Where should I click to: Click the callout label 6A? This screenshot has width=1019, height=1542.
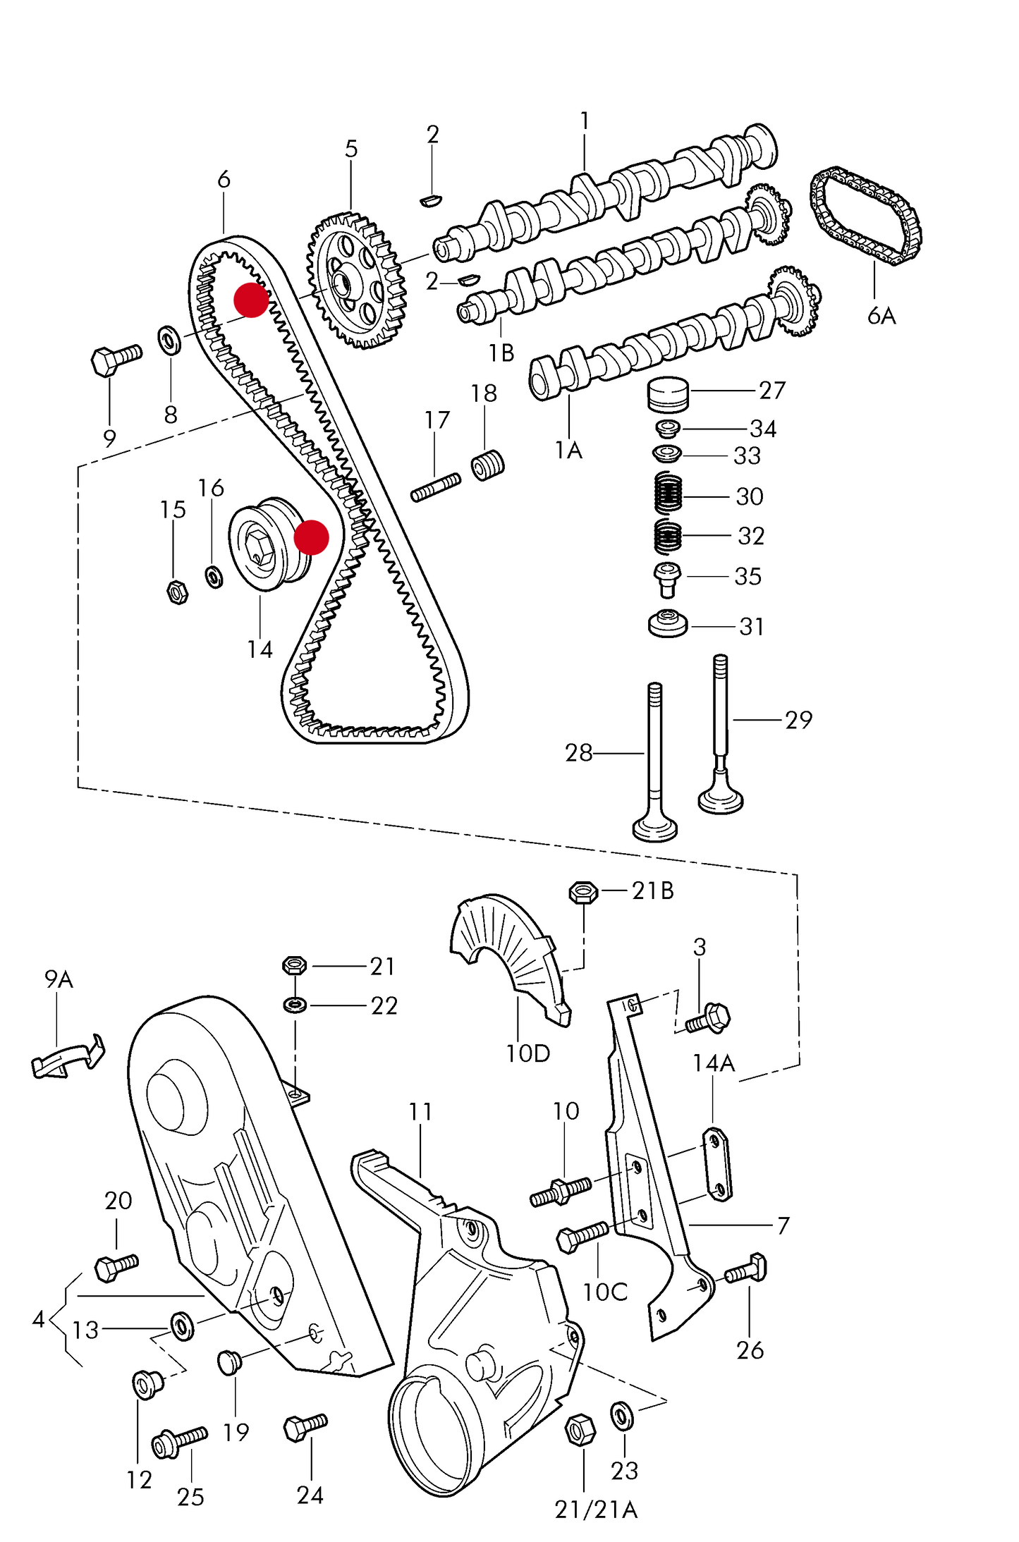point(881,316)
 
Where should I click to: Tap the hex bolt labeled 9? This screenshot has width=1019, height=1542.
point(115,359)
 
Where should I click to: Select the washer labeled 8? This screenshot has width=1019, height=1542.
point(169,341)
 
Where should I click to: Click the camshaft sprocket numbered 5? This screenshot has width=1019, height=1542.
point(357,283)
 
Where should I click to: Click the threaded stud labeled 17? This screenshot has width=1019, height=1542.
point(435,487)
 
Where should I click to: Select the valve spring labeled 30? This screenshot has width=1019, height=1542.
point(668,493)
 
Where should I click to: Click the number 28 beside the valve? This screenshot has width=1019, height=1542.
point(578,753)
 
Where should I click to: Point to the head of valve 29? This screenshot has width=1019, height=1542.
point(720,800)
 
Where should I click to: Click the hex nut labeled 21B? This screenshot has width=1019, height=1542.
point(583,893)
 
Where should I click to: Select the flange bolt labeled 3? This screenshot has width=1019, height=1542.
point(709,1019)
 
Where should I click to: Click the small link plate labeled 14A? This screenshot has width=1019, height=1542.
point(717,1164)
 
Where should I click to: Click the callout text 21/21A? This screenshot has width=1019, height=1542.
point(596,1510)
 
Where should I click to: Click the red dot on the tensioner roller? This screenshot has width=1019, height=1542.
point(311,537)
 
